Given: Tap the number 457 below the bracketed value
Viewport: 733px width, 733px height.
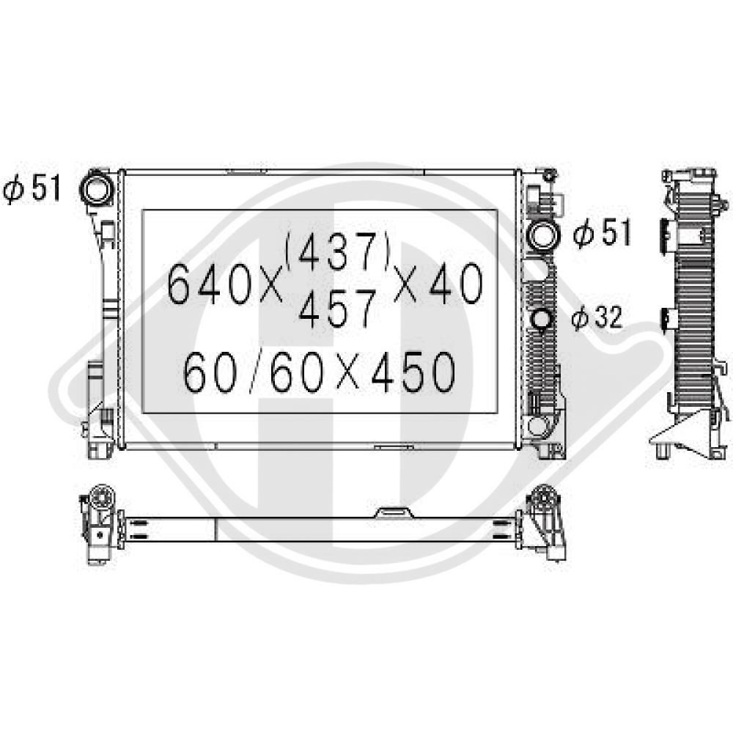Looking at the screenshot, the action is pos(337,309).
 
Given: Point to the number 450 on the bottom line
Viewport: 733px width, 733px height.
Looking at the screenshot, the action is pos(413,372).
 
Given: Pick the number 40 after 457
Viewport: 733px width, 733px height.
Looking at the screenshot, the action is pos(456,283).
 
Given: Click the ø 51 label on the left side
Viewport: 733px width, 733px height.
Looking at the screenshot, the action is pos(32,188).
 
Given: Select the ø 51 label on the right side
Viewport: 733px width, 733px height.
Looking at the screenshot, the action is pos(602,232).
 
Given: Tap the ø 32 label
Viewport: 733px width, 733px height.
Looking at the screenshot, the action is pos(597,317).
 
